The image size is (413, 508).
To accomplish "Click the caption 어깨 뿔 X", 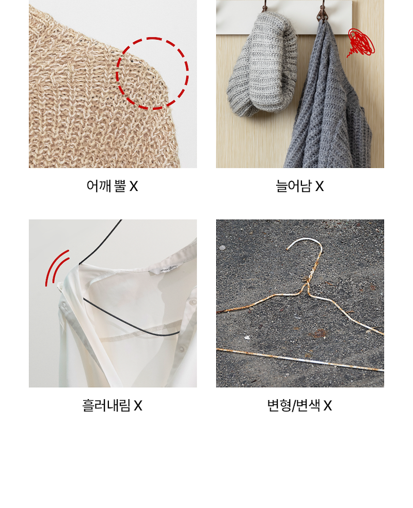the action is [x=112, y=186].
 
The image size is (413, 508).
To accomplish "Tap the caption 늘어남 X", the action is [x=299, y=186].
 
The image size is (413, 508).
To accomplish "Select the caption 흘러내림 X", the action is [x=112, y=405].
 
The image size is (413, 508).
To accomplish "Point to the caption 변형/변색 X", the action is [x=299, y=405].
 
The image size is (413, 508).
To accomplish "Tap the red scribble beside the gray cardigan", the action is [x=361, y=42].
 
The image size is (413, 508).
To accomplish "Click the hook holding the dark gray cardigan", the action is [x=322, y=11].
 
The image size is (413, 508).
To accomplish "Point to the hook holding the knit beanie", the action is [x=265, y=6].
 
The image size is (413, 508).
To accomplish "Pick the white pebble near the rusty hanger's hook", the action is [x=222, y=248].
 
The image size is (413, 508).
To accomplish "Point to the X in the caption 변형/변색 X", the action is [x=328, y=406].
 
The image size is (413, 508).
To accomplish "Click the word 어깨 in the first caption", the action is [x=99, y=186].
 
